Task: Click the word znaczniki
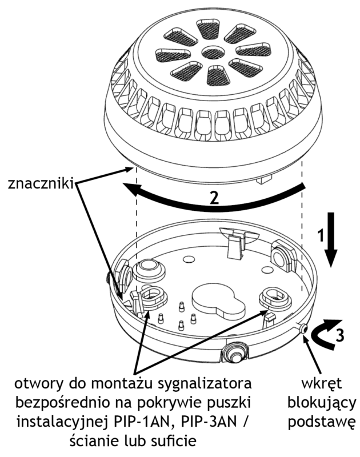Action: pos(40,184)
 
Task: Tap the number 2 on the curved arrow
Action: pos(214,198)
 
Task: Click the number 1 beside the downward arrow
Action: pos(321,235)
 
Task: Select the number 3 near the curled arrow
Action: pos(339,335)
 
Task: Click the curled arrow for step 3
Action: pos(326,332)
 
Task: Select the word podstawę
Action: pos(322,423)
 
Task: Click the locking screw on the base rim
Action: pos(304,329)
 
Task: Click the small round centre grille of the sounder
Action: pos(213,53)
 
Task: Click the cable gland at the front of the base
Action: pos(234,352)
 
